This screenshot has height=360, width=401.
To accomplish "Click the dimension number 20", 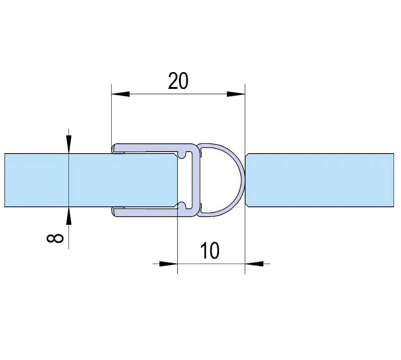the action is coord(178,81).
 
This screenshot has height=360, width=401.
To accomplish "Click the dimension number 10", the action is coord(210,250).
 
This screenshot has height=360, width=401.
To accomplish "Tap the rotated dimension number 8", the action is coord(55,238).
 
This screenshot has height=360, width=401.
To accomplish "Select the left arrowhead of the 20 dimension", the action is coord(121,94).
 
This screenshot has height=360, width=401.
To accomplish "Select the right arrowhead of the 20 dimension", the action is coord(236,94).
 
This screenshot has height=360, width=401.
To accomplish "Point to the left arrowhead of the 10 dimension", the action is coord(168,264).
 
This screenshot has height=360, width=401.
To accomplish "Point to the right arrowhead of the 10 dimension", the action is coord(254,264).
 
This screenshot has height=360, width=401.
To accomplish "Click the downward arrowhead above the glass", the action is coord(69,144).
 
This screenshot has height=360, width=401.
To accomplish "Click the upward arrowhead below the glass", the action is coord(69,216).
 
